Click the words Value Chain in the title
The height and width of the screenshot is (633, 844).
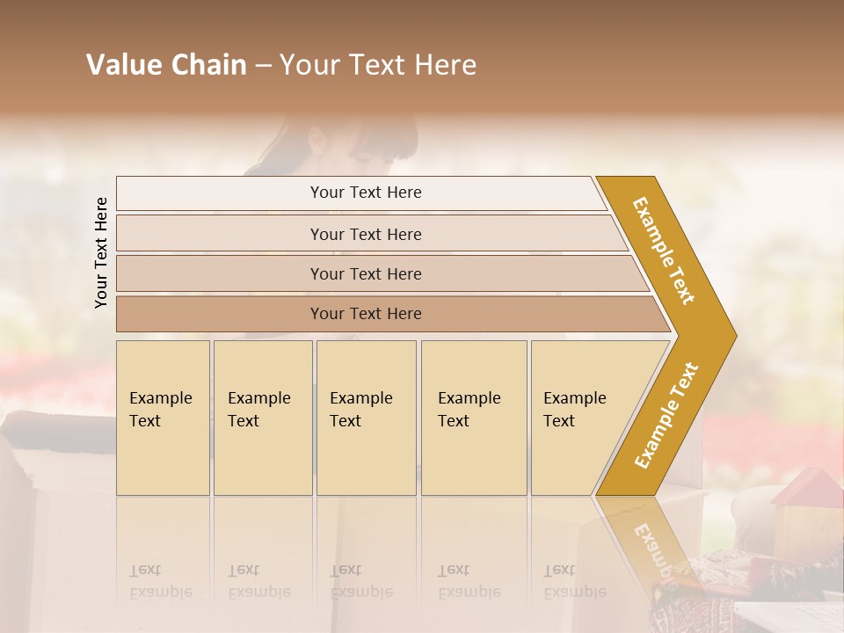[166, 65]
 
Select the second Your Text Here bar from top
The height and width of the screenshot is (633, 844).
[366, 234]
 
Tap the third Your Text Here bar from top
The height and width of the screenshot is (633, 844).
[366, 273]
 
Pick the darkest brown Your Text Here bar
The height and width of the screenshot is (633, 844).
[366, 314]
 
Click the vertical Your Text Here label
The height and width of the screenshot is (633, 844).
[101, 252]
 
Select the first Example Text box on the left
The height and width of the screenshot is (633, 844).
[163, 418]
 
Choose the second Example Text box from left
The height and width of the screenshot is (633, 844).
[262, 418]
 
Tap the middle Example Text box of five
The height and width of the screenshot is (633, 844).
[366, 418]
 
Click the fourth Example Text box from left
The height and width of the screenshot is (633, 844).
[473, 418]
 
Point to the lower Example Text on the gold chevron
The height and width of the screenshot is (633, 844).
[666, 415]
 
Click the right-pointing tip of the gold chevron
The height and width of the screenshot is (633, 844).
[731, 336]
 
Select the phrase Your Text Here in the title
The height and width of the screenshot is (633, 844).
[378, 65]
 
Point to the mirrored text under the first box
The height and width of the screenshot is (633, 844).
[160, 581]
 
